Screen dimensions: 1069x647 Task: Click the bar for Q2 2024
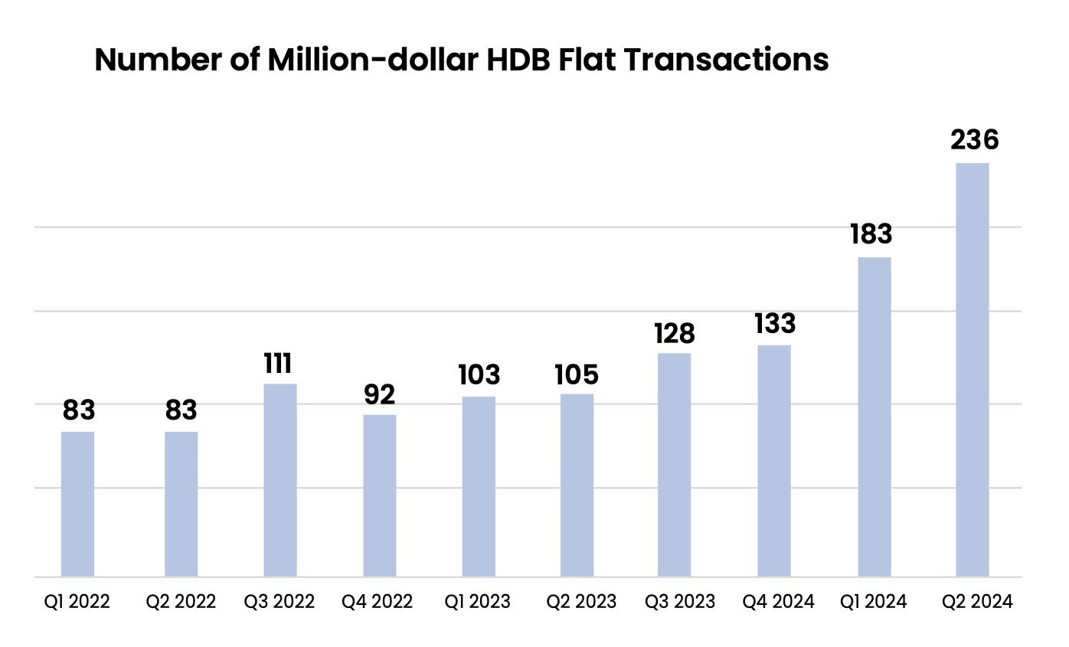[972, 370]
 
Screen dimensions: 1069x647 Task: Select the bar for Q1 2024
[874, 417]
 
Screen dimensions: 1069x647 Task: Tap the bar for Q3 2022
[280, 481]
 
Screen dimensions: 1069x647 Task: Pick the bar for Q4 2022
[379, 495]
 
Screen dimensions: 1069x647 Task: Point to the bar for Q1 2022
[77, 505]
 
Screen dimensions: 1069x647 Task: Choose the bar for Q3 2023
[674, 466]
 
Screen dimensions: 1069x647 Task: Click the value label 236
[975, 140]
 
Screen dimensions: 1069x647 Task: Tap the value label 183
[871, 234]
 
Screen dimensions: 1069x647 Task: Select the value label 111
[277, 364]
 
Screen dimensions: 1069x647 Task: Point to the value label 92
[379, 394]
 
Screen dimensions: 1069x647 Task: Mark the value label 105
[576, 374]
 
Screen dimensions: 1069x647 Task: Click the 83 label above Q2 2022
[181, 410]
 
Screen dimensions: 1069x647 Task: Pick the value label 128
[675, 333]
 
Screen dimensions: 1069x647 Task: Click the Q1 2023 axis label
[477, 601]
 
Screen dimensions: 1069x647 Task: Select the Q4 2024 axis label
[778, 601]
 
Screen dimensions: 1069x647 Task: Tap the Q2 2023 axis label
[581, 601]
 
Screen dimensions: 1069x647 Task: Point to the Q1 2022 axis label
[77, 601]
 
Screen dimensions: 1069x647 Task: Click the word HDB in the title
[518, 60]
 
